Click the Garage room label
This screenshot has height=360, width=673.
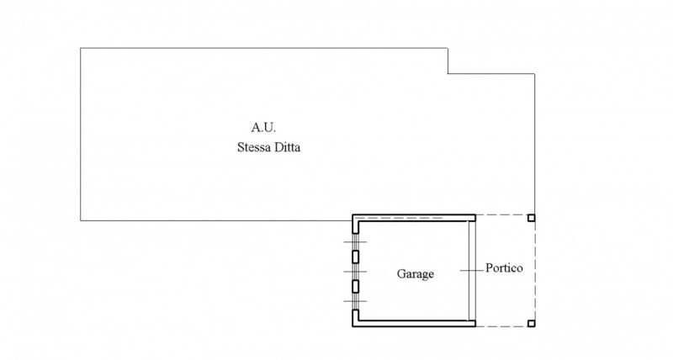pyautogui.click(x=416, y=274)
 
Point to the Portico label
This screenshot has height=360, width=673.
pyautogui.click(x=505, y=269)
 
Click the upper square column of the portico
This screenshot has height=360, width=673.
pyautogui.click(x=531, y=218)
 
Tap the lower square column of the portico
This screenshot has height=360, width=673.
pyautogui.click(x=531, y=324)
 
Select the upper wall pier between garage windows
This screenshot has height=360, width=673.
pyautogui.click(x=355, y=257)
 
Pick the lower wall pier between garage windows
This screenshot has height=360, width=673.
pyautogui.click(x=355, y=286)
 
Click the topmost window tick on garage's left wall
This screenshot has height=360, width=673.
pyautogui.click(x=355, y=242)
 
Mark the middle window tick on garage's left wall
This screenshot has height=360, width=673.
pyautogui.click(x=355, y=271)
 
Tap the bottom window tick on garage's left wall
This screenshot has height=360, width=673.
pyautogui.click(x=355, y=300)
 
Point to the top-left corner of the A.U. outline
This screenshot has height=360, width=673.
pyautogui.click(x=81, y=48)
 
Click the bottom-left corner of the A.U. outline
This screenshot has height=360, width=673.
pyautogui.click(x=81, y=220)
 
